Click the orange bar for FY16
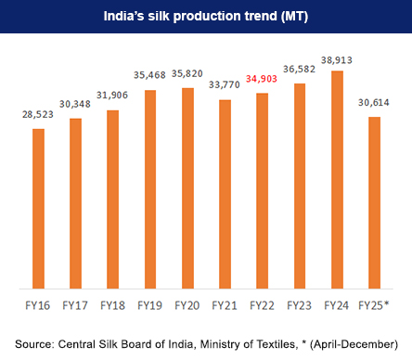pyautogui.click(x=38, y=209)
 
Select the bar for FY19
pyautogui.click(x=150, y=189)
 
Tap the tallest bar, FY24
pyautogui.click(x=337, y=180)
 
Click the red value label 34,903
pyautogui.click(x=262, y=82)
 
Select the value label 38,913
pyautogui.click(x=337, y=58)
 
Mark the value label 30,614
pyautogui.click(x=374, y=104)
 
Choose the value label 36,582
pyautogui.click(x=299, y=71)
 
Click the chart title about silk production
pyautogui.click(x=206, y=16)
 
